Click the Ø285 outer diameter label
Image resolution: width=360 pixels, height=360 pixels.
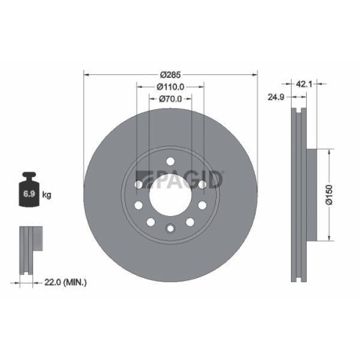click(171, 74)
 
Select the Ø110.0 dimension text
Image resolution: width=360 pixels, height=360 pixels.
click(171, 86)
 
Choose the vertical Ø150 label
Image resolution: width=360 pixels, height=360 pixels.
click(328, 196)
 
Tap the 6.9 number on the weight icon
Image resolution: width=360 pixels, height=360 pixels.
click(30, 195)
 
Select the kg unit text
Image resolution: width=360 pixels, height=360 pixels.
click(47, 195)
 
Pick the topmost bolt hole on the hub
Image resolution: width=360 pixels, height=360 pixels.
click(170, 161)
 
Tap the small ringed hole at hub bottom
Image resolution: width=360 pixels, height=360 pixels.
click(170, 229)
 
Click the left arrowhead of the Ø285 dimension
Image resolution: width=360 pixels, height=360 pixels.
click(87, 74)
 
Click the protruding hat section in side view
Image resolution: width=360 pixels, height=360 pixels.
click(312, 195)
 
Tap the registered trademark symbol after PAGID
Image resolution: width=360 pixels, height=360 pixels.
click(222, 172)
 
